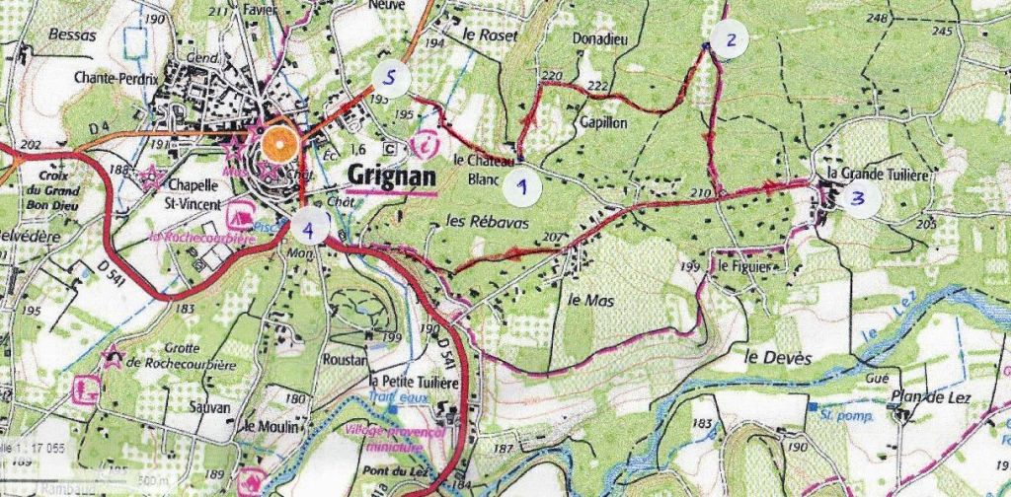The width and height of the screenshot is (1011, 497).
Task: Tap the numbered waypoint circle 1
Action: pyautogui.click(x=522, y=184)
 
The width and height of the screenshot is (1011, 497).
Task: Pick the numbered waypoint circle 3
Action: pyautogui.click(x=859, y=198)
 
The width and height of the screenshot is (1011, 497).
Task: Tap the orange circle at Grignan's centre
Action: pyautogui.click(x=280, y=145)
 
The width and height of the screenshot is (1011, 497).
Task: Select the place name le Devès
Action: pyautogui.click(x=777, y=358)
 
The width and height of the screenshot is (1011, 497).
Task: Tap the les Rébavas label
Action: pyautogui.click(x=488, y=223)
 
